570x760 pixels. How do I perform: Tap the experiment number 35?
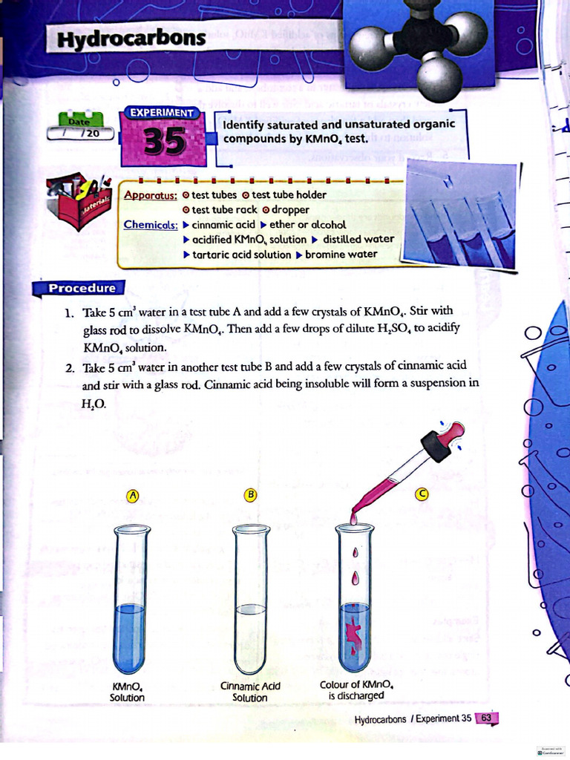165,142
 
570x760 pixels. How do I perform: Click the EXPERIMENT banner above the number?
162,113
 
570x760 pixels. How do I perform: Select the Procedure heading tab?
82,288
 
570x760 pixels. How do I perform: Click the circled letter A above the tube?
134,495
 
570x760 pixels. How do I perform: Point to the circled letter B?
251,494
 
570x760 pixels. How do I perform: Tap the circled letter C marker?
422,494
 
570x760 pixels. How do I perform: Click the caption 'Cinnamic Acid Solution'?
250,692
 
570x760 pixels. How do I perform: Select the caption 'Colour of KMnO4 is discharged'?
356,690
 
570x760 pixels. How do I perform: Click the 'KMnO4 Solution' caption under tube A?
127,692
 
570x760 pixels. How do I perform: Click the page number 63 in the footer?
488,718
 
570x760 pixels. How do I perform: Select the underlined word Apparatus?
151,195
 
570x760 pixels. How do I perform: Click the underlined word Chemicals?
151,224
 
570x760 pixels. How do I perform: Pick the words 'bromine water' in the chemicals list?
341,254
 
